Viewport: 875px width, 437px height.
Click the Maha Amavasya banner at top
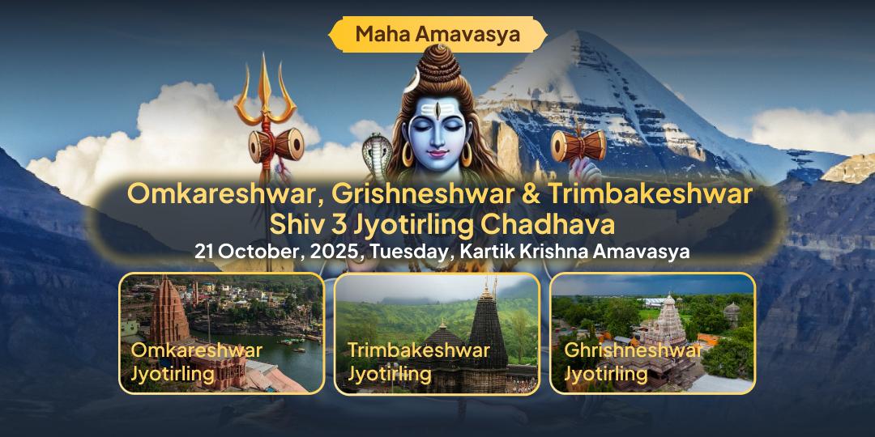437,34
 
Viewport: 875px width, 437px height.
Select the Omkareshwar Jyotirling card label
196,362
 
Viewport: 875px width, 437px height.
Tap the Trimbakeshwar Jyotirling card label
418,362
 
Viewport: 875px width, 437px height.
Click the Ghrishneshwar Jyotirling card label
632,362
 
